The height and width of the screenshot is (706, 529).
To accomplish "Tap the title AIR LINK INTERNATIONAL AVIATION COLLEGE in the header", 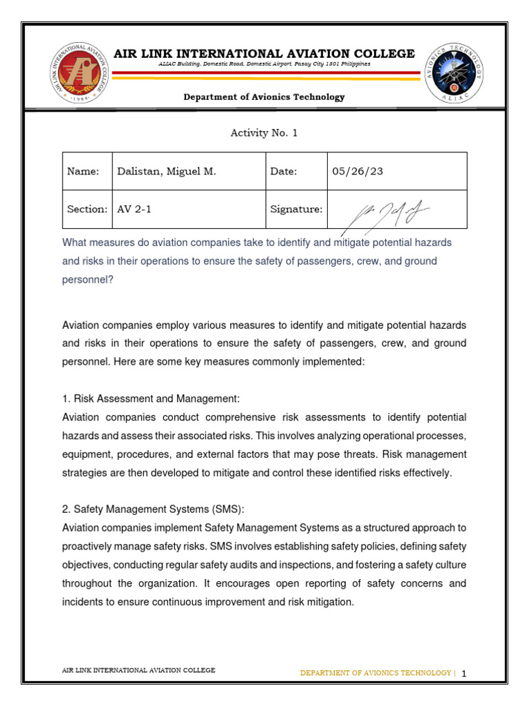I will point(264,54).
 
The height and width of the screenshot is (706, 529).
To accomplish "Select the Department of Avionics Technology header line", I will point(264,97).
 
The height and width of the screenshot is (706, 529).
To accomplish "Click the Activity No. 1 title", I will point(264,133).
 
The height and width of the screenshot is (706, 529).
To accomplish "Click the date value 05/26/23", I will point(357,172).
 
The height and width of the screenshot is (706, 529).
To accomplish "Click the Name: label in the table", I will point(83,172).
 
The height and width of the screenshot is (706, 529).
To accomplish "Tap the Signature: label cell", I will point(296,209).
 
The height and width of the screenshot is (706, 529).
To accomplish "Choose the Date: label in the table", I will point(283,172).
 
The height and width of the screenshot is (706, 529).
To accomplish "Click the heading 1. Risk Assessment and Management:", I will point(150,399).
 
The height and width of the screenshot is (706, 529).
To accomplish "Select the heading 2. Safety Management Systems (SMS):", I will point(153,509).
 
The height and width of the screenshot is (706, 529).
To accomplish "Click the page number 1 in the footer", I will point(464,674).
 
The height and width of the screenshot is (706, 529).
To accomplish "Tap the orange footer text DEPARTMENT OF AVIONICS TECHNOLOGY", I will point(375,673).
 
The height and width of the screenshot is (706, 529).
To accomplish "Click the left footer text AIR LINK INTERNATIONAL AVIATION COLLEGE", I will point(138,670).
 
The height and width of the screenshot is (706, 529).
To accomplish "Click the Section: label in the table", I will point(87,209).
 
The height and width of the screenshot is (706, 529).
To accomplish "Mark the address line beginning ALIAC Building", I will point(264,64).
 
